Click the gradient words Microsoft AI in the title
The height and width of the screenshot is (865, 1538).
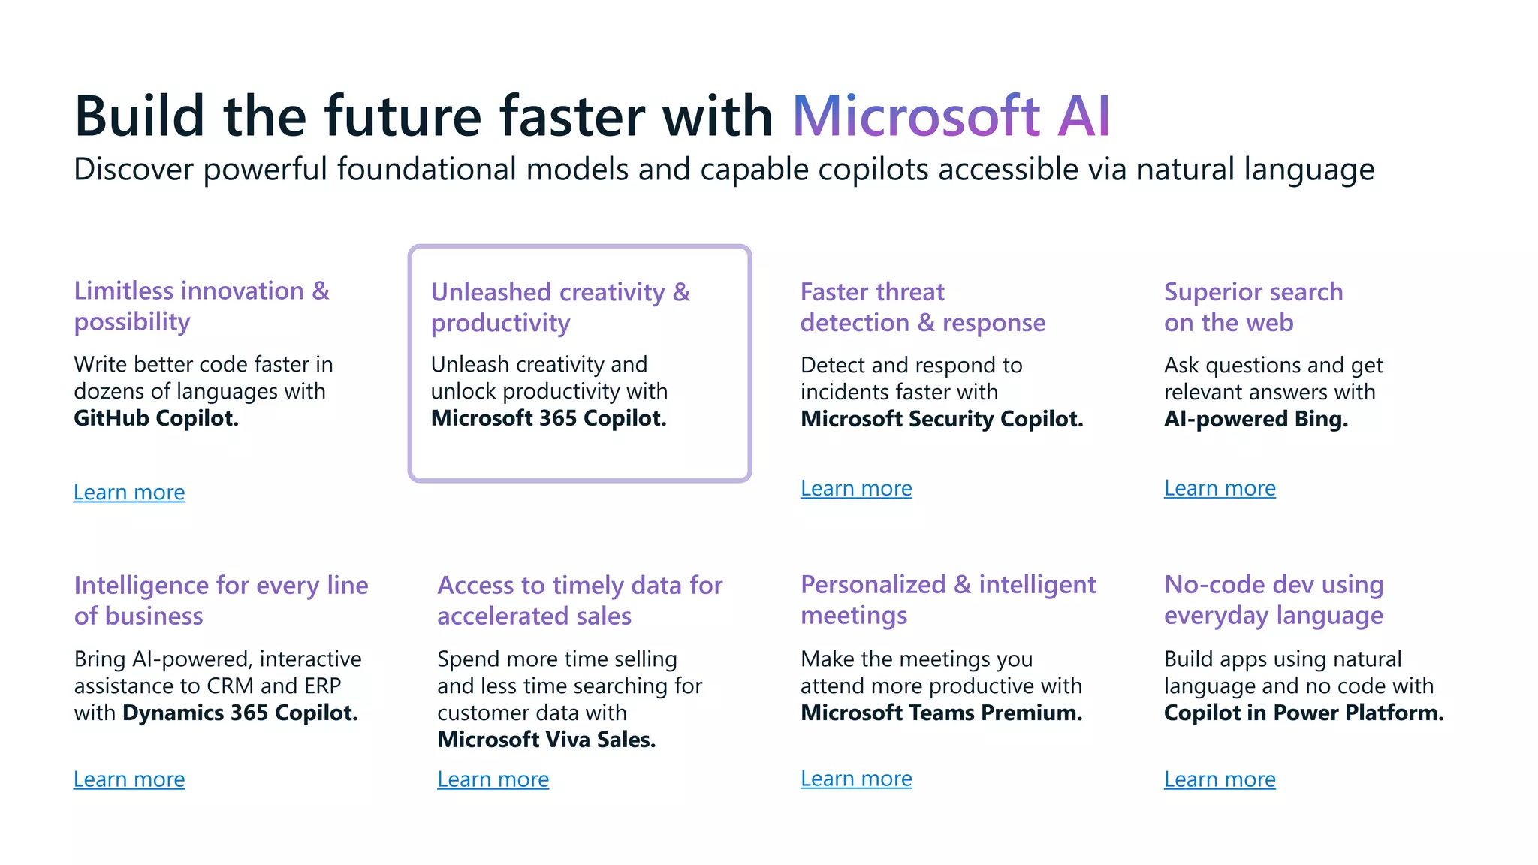click(x=951, y=116)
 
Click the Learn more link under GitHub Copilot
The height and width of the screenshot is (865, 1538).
click(x=129, y=492)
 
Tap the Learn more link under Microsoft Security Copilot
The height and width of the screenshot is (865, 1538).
click(x=856, y=488)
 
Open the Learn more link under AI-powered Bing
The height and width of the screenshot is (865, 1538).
click(x=1220, y=488)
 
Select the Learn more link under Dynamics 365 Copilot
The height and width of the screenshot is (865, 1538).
click(x=129, y=779)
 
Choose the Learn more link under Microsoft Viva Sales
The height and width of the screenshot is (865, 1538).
click(x=493, y=779)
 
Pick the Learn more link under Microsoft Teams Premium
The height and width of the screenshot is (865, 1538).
click(x=856, y=779)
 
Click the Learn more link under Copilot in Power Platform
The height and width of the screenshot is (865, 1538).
click(x=1220, y=779)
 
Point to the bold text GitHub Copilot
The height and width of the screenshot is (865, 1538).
click(x=156, y=418)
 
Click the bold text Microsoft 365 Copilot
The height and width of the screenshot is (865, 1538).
click(x=548, y=418)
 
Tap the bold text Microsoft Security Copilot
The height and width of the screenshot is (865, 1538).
click(x=942, y=419)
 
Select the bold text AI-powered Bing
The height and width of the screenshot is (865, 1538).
click(x=1256, y=419)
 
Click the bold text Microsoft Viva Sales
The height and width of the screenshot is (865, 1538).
click(x=546, y=740)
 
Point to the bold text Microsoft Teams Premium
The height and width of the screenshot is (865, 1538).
click(x=941, y=713)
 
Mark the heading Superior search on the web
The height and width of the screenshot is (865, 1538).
click(x=1253, y=306)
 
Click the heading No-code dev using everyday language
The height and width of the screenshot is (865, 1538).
click(x=1274, y=599)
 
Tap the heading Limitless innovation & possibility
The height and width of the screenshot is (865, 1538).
click(x=201, y=306)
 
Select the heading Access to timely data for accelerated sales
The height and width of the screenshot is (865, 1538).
click(x=580, y=600)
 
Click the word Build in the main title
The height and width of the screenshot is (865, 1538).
click(x=140, y=116)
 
